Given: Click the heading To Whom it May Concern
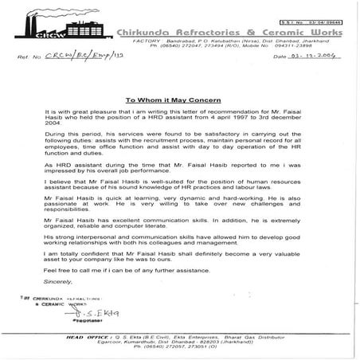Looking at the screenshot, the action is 180,101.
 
